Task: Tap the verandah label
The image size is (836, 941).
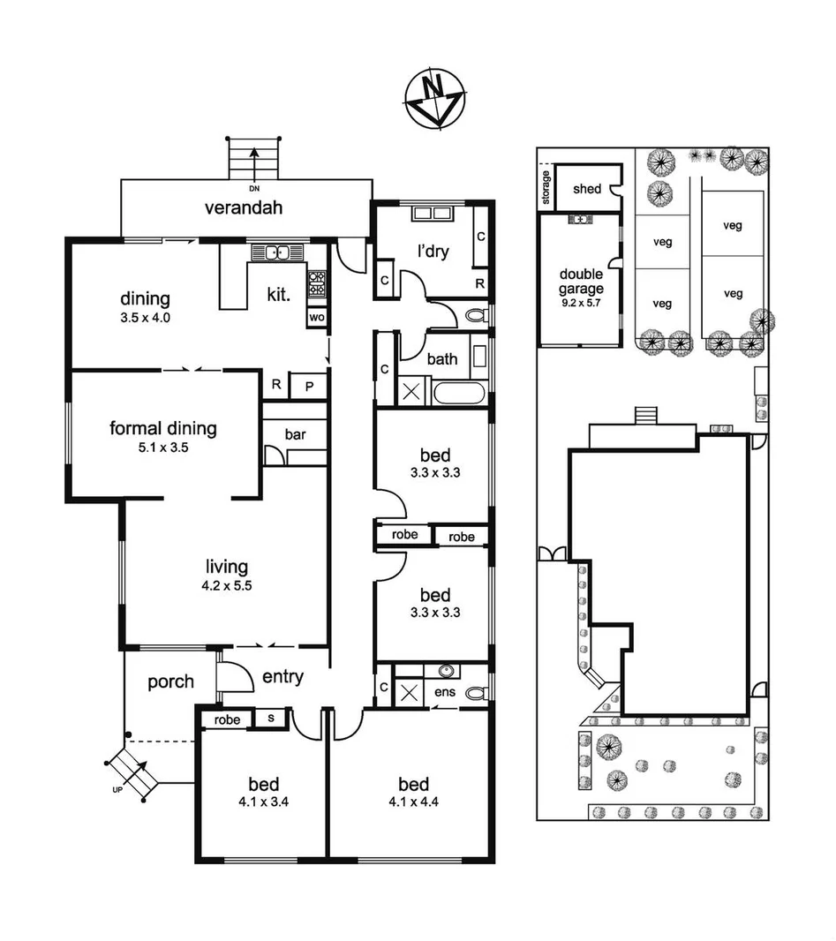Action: click(244, 208)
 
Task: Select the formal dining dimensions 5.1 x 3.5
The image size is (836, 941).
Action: click(162, 448)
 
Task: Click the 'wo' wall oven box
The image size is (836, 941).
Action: click(317, 317)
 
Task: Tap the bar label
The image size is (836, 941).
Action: click(295, 434)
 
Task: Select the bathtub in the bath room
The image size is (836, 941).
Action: click(457, 392)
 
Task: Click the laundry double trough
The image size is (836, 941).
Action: click(431, 215)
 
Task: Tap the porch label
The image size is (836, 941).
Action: click(170, 681)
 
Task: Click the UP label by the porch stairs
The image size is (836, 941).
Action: click(117, 788)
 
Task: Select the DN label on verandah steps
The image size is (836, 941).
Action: click(254, 188)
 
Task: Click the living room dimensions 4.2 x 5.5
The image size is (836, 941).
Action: click(227, 585)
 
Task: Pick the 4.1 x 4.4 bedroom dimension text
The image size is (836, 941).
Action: click(413, 802)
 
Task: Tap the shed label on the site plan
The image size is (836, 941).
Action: click(587, 189)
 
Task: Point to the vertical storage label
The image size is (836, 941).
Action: click(547, 189)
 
